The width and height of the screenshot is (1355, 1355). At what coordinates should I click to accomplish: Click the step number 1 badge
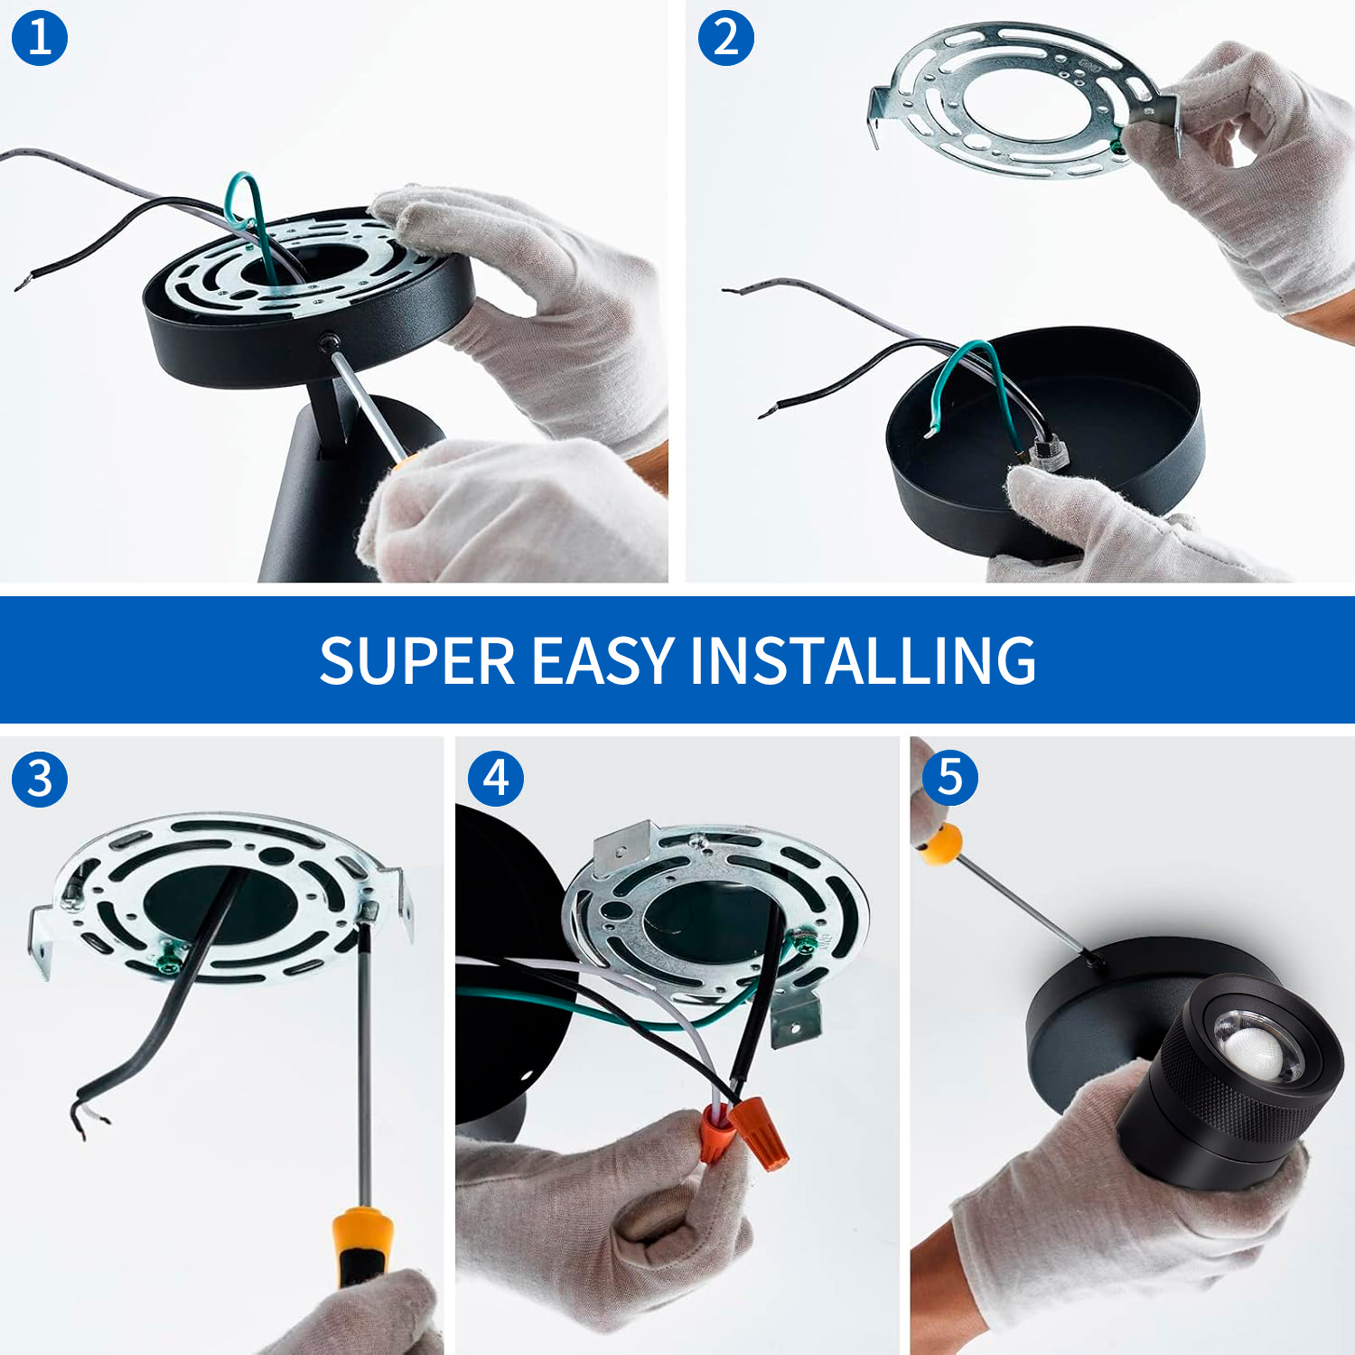point(40,38)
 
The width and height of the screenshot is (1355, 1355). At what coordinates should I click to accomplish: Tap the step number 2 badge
point(726,38)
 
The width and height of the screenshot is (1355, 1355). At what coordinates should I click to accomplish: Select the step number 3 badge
point(40,779)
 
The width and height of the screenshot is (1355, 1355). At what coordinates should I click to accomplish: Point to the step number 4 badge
point(496,779)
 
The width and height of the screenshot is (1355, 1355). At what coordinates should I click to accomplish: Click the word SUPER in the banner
point(416,660)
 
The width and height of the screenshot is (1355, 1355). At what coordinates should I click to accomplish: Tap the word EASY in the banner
point(603,660)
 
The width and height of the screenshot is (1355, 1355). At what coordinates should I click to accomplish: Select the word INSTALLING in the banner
point(863,660)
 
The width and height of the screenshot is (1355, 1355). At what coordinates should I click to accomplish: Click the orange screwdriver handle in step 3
point(361,1245)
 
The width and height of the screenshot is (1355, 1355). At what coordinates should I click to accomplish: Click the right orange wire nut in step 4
point(759,1131)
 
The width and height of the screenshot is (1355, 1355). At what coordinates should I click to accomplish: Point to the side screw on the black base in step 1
point(328,341)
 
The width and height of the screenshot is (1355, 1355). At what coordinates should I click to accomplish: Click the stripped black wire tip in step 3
point(86,1117)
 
